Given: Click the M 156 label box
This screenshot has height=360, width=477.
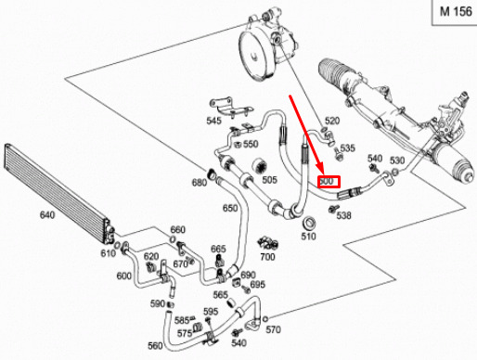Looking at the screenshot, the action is pyautogui.click(x=455, y=12).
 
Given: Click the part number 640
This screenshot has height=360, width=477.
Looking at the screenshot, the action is pyautogui.click(x=47, y=214).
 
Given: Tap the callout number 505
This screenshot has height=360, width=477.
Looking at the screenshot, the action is pyautogui.click(x=269, y=180).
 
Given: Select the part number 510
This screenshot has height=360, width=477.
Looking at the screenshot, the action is pyautogui.click(x=308, y=237).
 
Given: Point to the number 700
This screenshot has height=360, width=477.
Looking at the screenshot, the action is pyautogui.click(x=267, y=257).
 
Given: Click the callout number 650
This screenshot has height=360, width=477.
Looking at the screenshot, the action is pyautogui.click(x=230, y=208).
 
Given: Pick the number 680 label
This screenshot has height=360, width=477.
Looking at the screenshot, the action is pyautogui.click(x=200, y=183).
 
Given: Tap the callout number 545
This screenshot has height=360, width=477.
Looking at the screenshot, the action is pyautogui.click(x=214, y=121).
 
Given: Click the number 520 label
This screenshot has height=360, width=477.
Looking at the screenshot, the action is pyautogui.click(x=332, y=121).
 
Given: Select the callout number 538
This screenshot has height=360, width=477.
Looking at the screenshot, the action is pyautogui.click(x=344, y=215).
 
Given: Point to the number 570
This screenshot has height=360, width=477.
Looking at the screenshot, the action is pyautogui.click(x=273, y=330).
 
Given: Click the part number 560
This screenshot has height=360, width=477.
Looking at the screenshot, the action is pyautogui.click(x=155, y=345).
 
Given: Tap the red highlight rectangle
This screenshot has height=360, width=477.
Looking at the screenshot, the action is pyautogui.click(x=329, y=182).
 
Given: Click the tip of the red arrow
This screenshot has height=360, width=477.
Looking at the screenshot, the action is pyautogui.click(x=323, y=174).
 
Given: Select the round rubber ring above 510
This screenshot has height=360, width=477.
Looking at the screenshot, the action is pyautogui.click(x=309, y=224).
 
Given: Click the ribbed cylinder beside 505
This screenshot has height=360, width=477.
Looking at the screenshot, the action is pyautogui.click(x=259, y=167).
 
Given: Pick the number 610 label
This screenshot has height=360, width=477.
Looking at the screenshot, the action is pyautogui.click(x=108, y=253).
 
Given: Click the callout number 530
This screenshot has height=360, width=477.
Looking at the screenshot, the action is pyautogui.click(x=397, y=161).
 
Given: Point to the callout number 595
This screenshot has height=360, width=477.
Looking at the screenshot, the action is pyautogui.click(x=211, y=311).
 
